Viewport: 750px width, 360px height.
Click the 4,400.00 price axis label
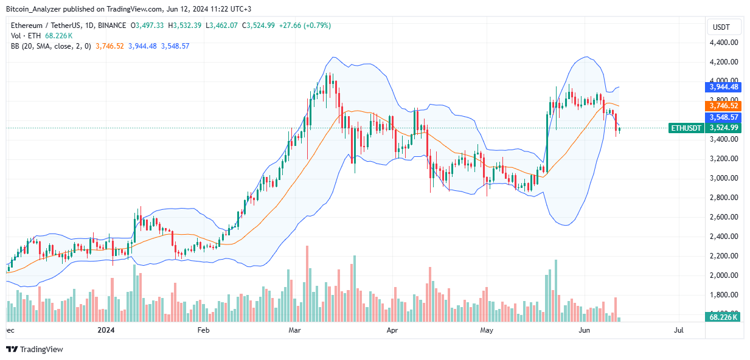click(724, 43)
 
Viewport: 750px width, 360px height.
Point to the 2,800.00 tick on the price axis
click(724, 198)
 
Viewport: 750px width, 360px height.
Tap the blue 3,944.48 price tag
click(722, 88)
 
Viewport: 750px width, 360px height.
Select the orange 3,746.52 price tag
click(722, 106)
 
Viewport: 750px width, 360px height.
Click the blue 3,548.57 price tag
click(722, 117)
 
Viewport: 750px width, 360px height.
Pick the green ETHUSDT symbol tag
click(686, 128)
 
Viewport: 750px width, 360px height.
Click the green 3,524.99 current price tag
click(722, 128)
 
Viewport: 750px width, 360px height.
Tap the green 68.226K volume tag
click(722, 317)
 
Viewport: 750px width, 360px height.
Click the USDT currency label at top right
click(721, 27)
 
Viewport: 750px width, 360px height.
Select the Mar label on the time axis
click(295, 330)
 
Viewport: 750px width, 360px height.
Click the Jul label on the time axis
click(679, 330)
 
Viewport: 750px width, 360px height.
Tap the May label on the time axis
click(486, 330)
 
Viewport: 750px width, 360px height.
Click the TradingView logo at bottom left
click(35, 350)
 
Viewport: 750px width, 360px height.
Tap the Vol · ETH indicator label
click(26, 36)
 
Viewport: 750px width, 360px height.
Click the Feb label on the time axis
click(203, 330)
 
